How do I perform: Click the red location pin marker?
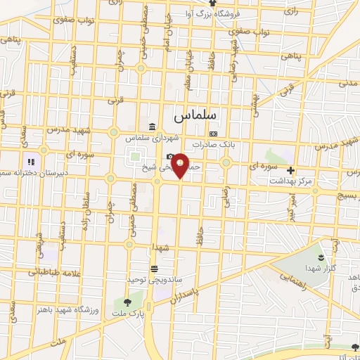tap(180, 165)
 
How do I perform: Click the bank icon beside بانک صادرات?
tap(213, 134)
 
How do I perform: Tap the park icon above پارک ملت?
tap(127, 303)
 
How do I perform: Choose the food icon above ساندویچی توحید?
tap(154, 269)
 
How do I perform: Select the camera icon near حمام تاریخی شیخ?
tap(169, 157)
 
